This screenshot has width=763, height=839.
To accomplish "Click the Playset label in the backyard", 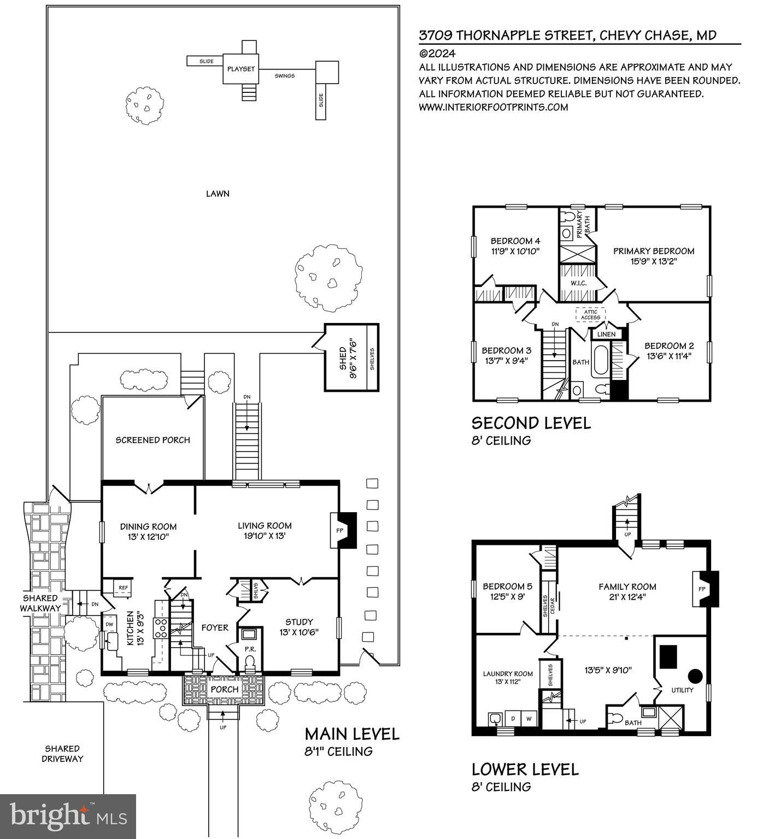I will click(x=241, y=69).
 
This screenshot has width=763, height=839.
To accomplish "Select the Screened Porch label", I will click(x=152, y=440).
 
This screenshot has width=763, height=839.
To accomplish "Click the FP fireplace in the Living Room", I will click(x=339, y=530).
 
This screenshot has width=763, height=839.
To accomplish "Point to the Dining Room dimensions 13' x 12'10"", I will click(x=148, y=536).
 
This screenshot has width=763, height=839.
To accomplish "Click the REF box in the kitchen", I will click(x=124, y=588).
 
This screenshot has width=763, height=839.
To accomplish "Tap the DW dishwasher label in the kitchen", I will click(x=109, y=624).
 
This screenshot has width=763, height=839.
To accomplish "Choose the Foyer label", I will click(x=214, y=627).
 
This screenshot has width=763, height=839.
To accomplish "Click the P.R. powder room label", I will click(x=250, y=649).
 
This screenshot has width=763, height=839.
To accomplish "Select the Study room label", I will click(x=299, y=622).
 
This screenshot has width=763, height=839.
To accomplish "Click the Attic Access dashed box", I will click(x=590, y=315).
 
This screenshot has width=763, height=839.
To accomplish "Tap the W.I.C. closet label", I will click(x=579, y=283).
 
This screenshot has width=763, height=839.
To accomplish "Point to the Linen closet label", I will click(x=606, y=334).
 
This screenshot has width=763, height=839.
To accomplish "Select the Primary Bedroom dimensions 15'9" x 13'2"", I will click(x=653, y=261).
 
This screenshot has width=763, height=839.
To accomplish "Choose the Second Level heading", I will click(x=531, y=423).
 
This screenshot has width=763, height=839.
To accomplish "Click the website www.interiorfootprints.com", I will click(x=493, y=107).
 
